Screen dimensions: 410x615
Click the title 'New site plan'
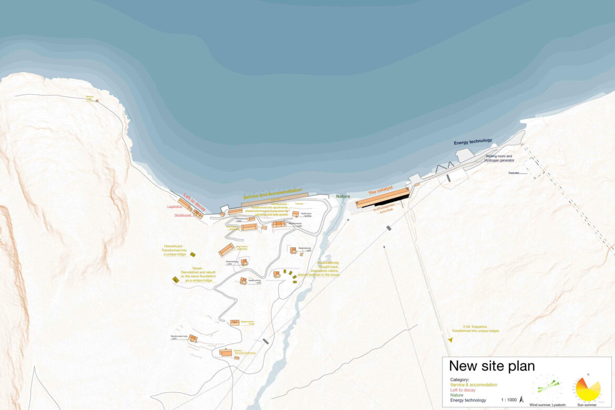click(x=491, y=366)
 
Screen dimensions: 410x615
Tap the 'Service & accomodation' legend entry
click(x=474, y=385)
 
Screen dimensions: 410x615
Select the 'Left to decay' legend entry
click(x=464, y=390)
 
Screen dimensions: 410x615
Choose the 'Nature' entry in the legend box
click(x=456, y=395)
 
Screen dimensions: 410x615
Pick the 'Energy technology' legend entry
click(x=468, y=401)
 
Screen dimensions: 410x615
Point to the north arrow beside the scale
click(x=521, y=399)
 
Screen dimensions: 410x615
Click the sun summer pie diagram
click(x=587, y=389)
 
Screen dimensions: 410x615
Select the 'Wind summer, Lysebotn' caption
click(x=548, y=405)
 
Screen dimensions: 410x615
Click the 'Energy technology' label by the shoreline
click(x=473, y=141)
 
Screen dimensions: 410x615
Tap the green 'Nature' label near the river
click(x=343, y=197)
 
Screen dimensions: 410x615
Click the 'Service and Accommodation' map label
click(x=272, y=193)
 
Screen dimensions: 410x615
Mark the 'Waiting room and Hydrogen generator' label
click(x=499, y=158)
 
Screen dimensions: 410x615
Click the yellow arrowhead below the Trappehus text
click(x=449, y=340)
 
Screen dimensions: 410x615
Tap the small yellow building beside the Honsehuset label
click(x=193, y=254)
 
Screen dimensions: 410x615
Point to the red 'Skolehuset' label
click(x=183, y=215)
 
